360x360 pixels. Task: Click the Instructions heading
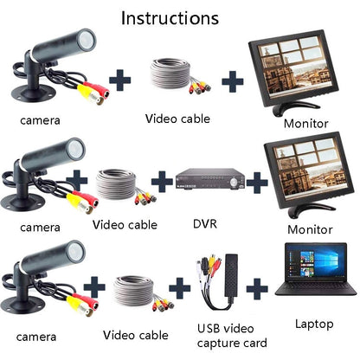[170, 18]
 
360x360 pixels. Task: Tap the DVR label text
[205, 223]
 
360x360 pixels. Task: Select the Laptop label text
[314, 325]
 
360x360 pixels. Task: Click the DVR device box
[209, 179]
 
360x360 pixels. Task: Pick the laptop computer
[316, 270]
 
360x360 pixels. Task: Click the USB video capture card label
[232, 336]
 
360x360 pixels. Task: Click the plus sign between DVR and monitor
[257, 183]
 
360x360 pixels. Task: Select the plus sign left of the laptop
[257, 289]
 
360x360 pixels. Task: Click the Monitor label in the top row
[306, 124]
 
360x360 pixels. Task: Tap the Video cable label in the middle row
[125, 225]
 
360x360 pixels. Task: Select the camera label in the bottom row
[36, 337]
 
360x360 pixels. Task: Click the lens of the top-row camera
[87, 40]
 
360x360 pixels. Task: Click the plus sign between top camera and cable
[120, 80]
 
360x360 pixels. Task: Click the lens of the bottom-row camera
[76, 251]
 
